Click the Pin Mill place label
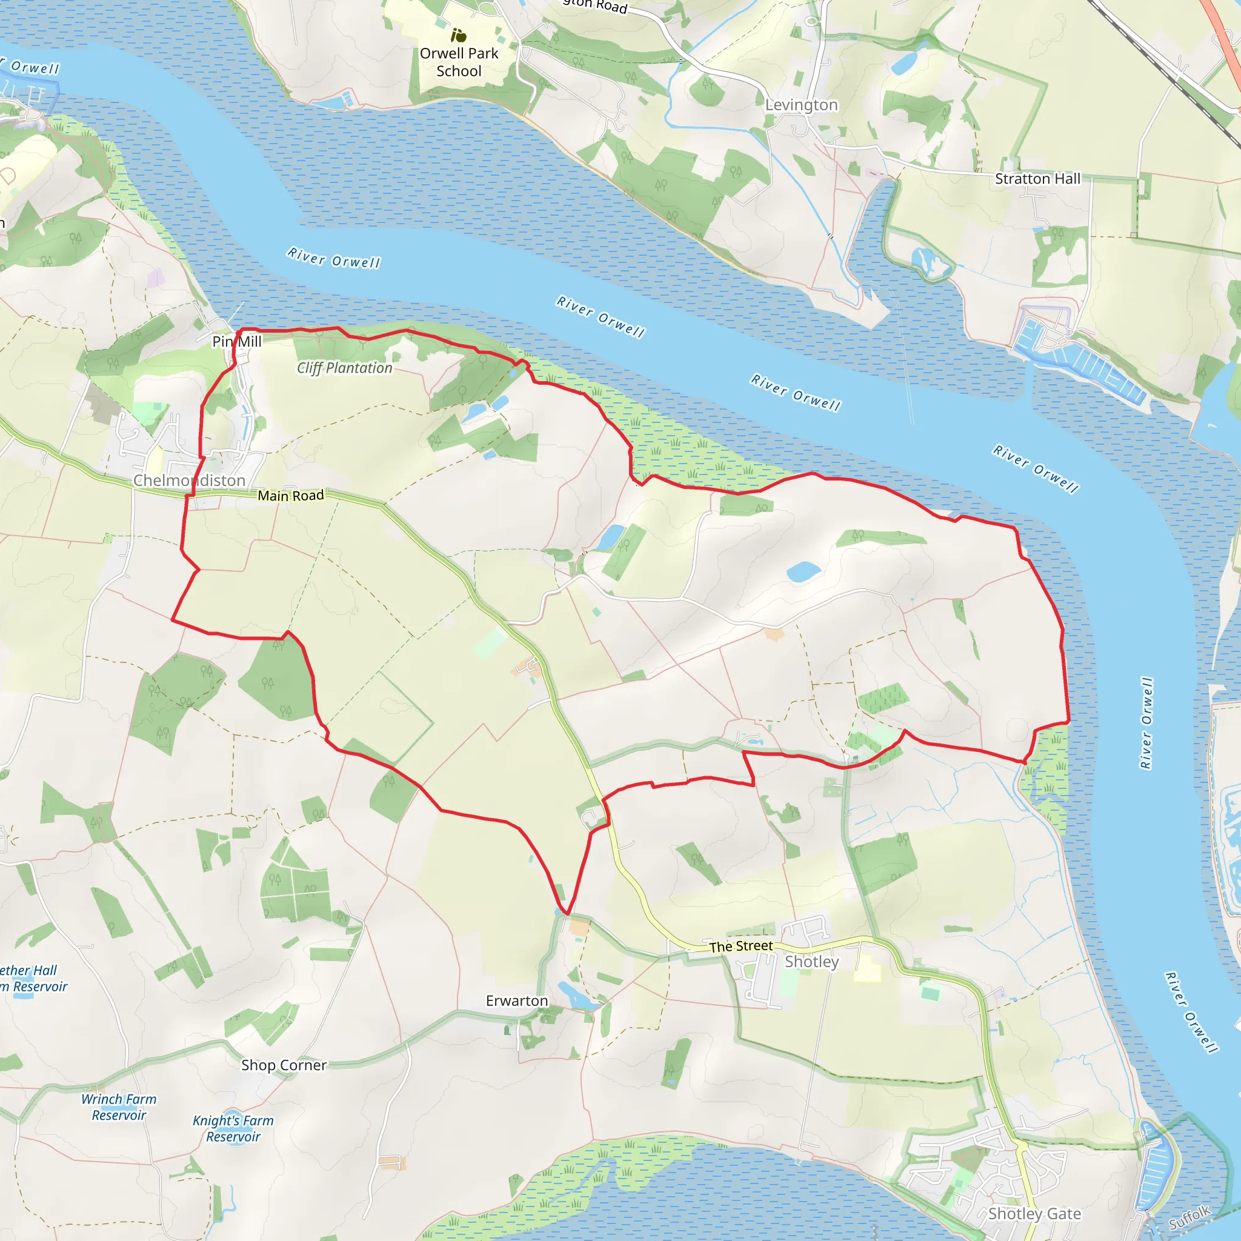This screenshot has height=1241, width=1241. pyautogui.click(x=237, y=341)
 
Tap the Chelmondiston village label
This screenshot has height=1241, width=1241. pyautogui.click(x=190, y=481)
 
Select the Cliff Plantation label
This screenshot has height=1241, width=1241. pyautogui.click(x=344, y=368)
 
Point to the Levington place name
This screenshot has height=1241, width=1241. pyautogui.click(x=801, y=105)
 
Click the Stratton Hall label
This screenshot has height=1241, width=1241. pyautogui.click(x=1037, y=179)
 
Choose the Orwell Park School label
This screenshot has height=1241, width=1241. pyautogui.click(x=459, y=62)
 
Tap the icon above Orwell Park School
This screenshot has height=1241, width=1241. pyautogui.click(x=459, y=35)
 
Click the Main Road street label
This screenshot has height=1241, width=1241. pyautogui.click(x=291, y=495)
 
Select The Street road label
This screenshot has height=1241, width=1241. pyautogui.click(x=740, y=946)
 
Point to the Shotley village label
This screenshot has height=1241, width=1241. pyautogui.click(x=811, y=962)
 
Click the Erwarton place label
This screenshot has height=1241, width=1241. pyautogui.click(x=516, y=1001)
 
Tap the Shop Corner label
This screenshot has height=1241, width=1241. pyautogui.click(x=284, y=1065)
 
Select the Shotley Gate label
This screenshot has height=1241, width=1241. pyautogui.click(x=1034, y=1213)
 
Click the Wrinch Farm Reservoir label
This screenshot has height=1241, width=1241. pyautogui.click(x=119, y=1106)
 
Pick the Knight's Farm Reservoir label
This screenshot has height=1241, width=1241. pyautogui.click(x=233, y=1128)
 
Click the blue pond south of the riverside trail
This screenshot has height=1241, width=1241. pyautogui.click(x=803, y=571)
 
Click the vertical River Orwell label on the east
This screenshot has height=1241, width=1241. pyautogui.click(x=1146, y=723)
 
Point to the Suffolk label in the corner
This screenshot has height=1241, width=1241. pyautogui.click(x=1189, y=1218)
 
